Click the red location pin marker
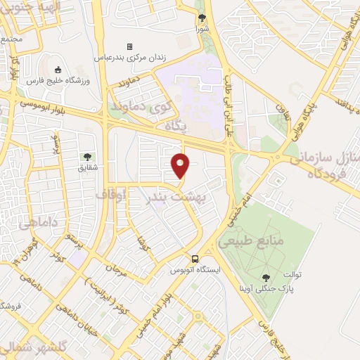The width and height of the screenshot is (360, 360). pyautogui.click(x=181, y=166)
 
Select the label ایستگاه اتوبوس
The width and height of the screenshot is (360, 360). pyautogui.click(x=196, y=269)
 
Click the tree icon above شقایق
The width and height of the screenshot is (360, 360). pyautogui.click(x=86, y=156)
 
